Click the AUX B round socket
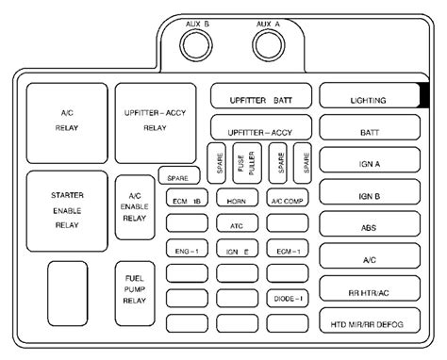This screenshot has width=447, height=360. (x=196, y=45)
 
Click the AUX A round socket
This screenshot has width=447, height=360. (x=269, y=45)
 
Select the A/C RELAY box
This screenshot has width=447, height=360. (x=67, y=123)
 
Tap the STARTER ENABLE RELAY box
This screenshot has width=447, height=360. (x=67, y=211)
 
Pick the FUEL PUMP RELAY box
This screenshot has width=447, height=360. (x=135, y=293)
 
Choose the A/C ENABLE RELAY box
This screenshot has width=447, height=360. (x=135, y=207)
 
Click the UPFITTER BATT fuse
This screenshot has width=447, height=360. (x=261, y=96)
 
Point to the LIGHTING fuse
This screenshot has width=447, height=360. (x=370, y=95)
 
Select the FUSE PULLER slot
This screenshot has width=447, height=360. (x=247, y=163)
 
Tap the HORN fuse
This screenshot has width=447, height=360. (x=238, y=198)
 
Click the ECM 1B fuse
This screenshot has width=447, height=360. (x=187, y=198)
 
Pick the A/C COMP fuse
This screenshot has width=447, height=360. (x=288, y=198)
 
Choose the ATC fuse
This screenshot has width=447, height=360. (x=238, y=222)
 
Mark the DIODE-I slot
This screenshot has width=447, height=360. (x=288, y=298)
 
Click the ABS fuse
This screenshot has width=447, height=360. (x=370, y=223)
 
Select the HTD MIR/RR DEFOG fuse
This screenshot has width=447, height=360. (x=370, y=320)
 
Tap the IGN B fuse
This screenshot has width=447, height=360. (x=370, y=191)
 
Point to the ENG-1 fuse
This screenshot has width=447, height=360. (x=187, y=248)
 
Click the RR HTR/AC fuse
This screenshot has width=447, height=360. (x=370, y=288)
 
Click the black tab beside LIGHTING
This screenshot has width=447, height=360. (x=424, y=95)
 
